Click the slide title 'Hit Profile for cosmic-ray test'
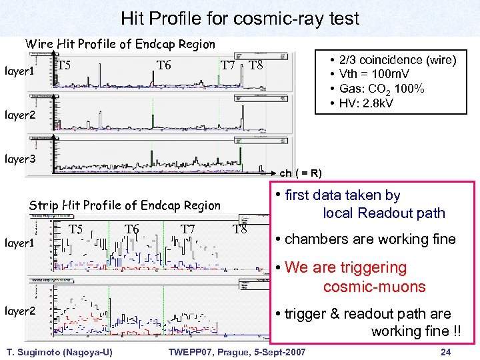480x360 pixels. click(239, 18)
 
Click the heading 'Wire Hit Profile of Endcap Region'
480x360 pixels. click(120, 44)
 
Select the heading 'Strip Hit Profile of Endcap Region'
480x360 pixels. click(125, 205)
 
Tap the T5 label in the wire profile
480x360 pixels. click(65, 65)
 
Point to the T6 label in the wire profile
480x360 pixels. click(164, 65)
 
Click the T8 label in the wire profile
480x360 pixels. click(256, 65)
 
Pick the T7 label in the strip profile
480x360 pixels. click(188, 230)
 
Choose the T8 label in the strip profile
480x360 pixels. click(240, 230)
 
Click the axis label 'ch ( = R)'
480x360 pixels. click(301, 173)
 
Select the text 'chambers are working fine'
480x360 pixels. click(370, 239)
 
